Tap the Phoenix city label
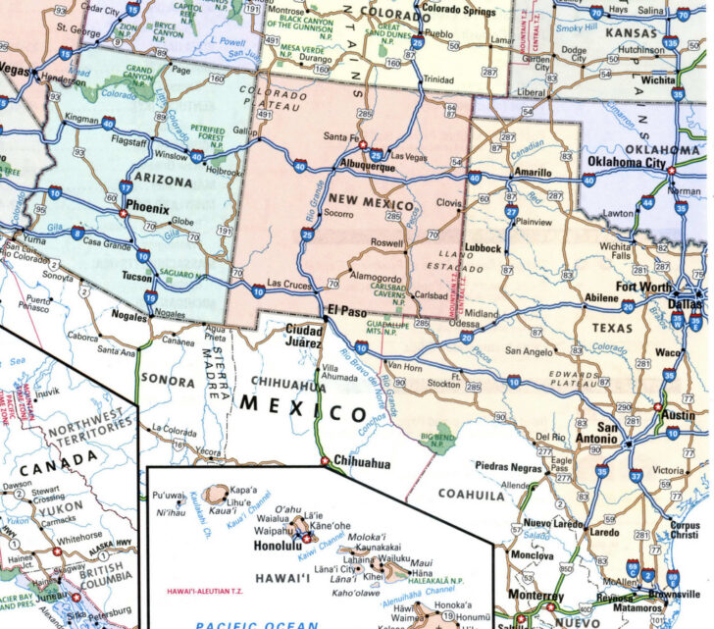coord(147,209)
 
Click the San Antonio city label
coord(622,434)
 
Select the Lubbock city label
coord(484,248)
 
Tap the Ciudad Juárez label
coord(303,337)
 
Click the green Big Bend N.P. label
coord(438,438)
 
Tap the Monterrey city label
coord(535,596)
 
